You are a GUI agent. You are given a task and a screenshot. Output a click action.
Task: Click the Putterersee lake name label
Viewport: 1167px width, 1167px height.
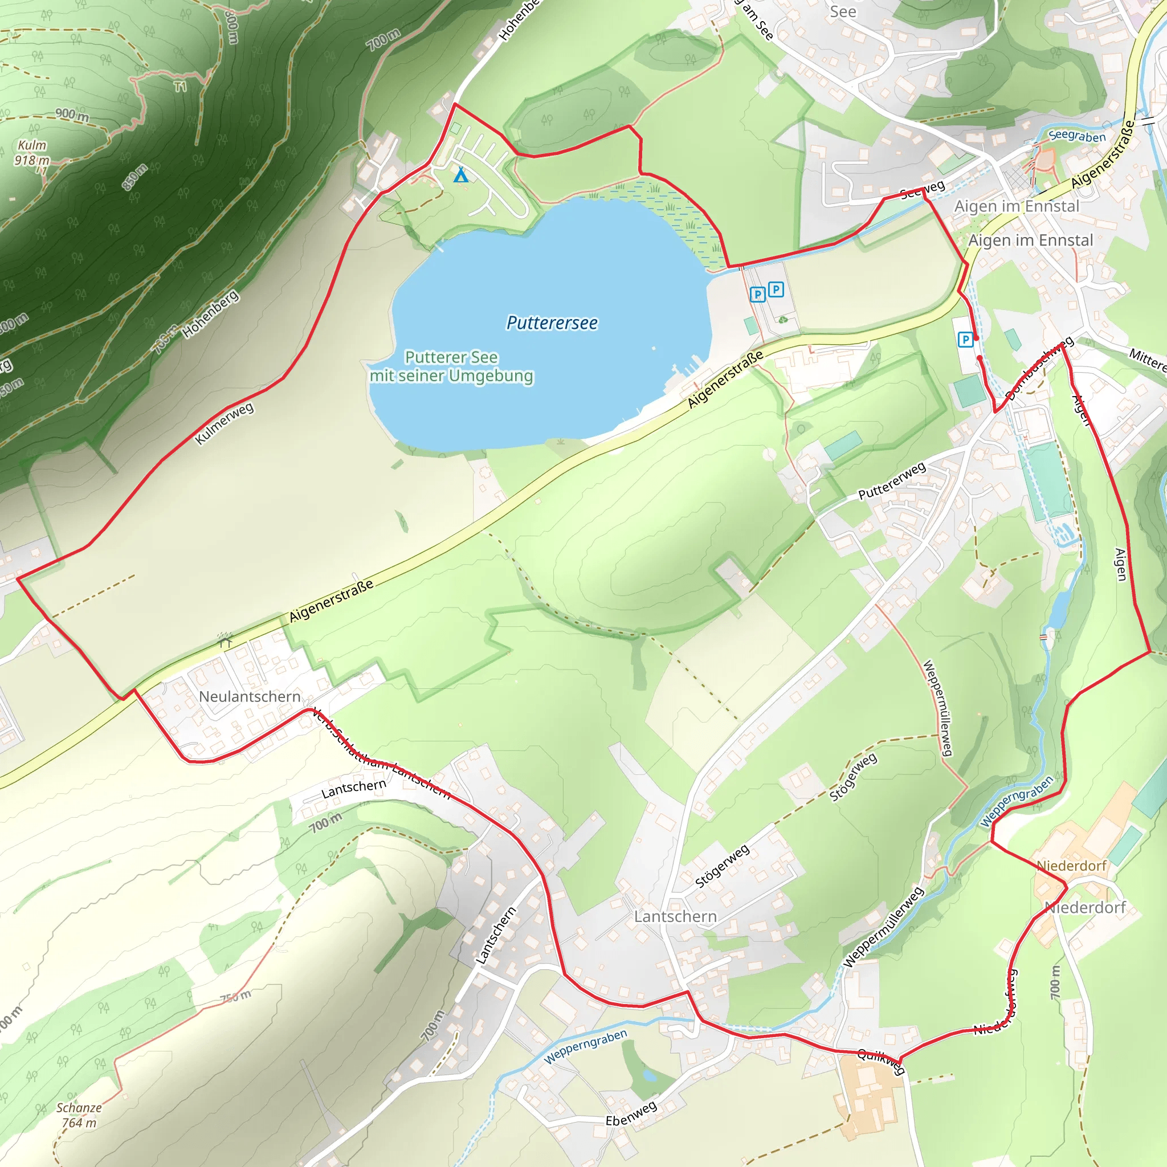click(552, 323)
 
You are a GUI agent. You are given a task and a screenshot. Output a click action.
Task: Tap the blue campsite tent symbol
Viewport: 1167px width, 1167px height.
click(461, 175)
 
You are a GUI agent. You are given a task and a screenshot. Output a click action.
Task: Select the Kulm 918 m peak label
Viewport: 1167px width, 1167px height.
click(31, 153)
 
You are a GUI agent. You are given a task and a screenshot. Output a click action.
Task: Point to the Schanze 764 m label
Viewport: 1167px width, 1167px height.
click(79, 1115)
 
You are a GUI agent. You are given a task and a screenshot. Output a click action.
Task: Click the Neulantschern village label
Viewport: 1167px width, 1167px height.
click(250, 696)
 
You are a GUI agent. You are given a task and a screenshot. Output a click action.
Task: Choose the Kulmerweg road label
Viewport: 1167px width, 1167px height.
click(225, 423)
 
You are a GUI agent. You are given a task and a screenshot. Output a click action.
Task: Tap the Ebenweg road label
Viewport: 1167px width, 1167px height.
click(631, 1113)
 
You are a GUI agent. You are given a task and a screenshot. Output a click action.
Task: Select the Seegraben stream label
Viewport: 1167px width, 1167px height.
click(1077, 136)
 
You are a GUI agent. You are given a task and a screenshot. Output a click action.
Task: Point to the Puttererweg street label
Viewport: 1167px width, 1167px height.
click(892, 481)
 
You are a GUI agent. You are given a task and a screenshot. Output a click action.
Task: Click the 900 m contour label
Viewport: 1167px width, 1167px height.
click(72, 114)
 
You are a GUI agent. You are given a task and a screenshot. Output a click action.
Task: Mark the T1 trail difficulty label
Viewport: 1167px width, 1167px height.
click(181, 88)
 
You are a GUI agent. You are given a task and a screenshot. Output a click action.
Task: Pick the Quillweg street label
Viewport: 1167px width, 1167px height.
click(882, 1060)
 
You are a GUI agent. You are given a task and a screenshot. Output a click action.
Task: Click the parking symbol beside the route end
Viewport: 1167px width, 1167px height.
click(965, 340)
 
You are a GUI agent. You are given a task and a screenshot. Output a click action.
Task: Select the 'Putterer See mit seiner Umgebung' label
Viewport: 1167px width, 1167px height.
click(451, 366)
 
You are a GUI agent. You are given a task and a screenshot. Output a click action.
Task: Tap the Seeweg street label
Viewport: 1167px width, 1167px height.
click(922, 190)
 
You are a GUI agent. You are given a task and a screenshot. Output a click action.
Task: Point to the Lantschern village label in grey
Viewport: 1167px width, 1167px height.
click(675, 916)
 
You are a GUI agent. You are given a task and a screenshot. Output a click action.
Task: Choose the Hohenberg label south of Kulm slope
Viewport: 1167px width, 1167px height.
click(211, 314)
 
